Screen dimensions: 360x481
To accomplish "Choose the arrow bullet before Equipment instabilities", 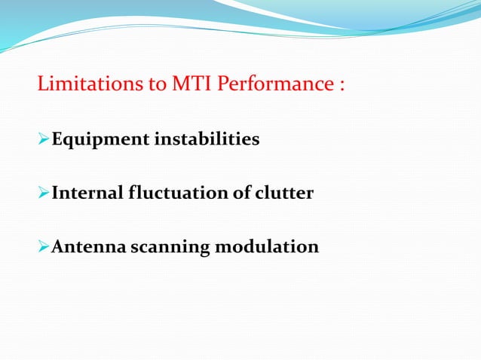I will (43, 140).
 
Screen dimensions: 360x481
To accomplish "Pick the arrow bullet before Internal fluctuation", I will (43, 194).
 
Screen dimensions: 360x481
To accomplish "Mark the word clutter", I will (285, 194).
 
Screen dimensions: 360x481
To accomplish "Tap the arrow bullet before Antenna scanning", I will (43, 246).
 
